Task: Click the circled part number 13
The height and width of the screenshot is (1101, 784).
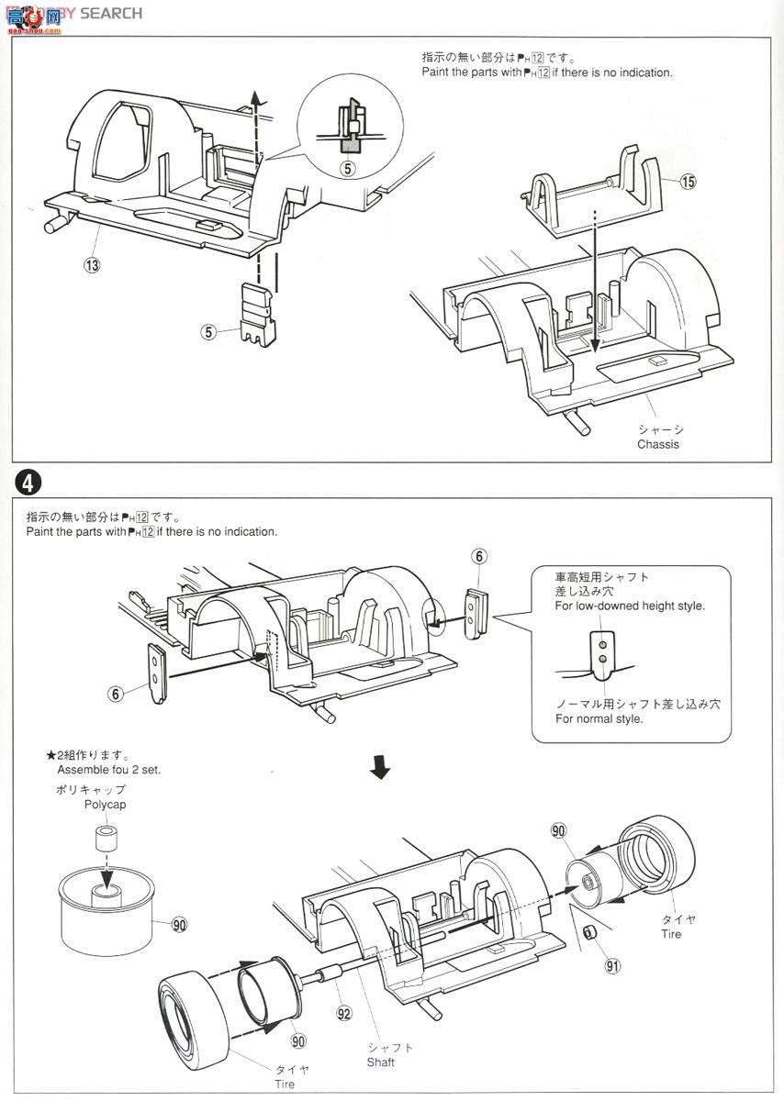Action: point(91,264)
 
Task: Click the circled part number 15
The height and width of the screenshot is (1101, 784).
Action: point(688,182)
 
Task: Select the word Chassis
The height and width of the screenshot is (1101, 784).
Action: point(658,445)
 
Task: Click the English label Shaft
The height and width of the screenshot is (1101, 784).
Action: point(380,1062)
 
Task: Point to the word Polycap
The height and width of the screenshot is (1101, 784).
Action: point(105,804)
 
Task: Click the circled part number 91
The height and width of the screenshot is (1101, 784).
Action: point(612,965)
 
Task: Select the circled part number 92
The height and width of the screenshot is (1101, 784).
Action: point(344,1014)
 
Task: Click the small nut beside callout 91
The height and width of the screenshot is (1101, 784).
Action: point(591,933)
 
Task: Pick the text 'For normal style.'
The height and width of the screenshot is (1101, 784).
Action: point(599,718)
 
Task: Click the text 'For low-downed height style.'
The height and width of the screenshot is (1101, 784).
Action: point(630,606)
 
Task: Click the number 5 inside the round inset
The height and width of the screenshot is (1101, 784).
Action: point(347,169)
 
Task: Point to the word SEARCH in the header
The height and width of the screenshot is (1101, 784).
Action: point(111,13)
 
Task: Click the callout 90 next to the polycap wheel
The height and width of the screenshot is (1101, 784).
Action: point(179,924)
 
